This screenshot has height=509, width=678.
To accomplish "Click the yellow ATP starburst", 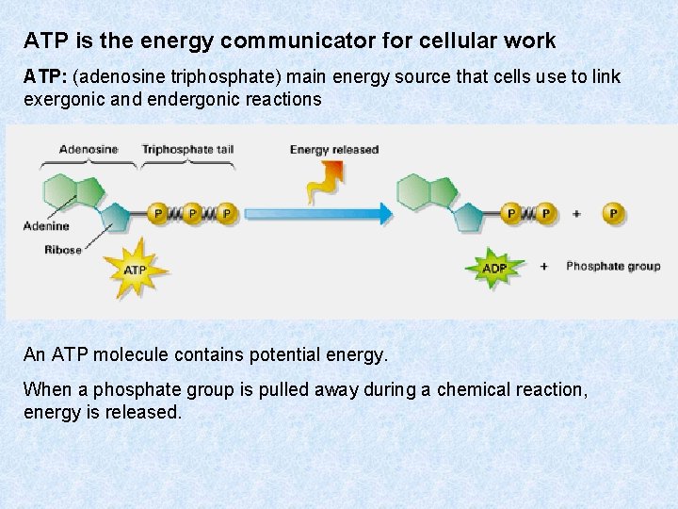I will [x=136, y=271].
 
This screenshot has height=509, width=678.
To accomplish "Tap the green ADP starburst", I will [x=494, y=269].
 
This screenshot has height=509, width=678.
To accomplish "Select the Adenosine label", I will [x=88, y=149].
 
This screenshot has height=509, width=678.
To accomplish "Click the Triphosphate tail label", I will [x=186, y=149].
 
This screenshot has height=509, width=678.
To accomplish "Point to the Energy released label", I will [x=334, y=149].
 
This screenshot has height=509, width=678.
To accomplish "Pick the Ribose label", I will [x=63, y=250].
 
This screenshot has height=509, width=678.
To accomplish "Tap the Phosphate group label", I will [x=613, y=267].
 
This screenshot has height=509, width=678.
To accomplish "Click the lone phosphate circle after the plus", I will [x=614, y=214].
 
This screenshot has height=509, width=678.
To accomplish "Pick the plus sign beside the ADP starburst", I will [x=544, y=267].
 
